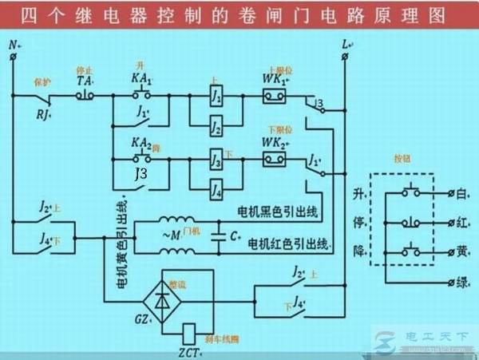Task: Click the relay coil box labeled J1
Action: point(216,97)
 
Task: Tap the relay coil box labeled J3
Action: point(216,158)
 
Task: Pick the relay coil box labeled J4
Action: point(216,190)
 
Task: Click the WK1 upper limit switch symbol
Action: point(275,97)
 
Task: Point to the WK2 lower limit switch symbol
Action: point(275,158)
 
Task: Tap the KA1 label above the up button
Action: point(141,80)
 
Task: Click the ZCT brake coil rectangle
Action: point(190,331)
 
